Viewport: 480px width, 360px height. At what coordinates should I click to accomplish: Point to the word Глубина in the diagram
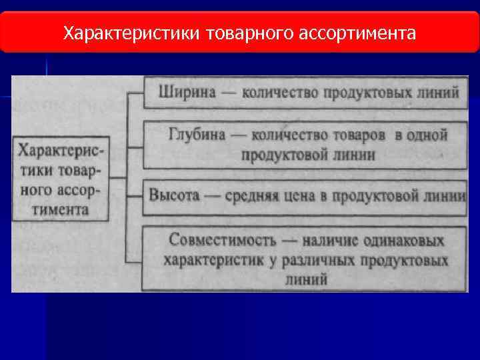click(195, 135)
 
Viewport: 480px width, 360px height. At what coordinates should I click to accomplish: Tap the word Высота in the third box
click(175, 196)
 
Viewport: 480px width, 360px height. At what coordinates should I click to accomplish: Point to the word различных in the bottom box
click(320, 259)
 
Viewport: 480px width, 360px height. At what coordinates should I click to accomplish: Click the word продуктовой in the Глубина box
click(279, 155)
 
